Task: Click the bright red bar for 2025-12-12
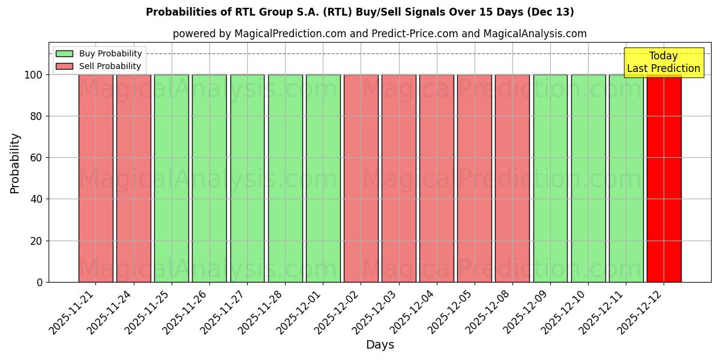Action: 664,178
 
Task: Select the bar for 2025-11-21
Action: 95,178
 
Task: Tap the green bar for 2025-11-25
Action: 171,178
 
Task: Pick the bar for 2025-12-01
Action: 323,178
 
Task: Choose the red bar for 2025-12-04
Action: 436,178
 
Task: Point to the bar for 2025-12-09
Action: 550,178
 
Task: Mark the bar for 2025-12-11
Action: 626,178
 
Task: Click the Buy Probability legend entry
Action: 99,53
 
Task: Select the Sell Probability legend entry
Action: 99,66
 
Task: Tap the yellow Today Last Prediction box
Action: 664,62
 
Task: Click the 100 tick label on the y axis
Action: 33,75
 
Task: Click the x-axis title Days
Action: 380,345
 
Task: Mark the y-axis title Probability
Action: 15,163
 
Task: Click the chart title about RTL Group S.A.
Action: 360,12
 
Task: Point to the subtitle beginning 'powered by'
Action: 380,34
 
